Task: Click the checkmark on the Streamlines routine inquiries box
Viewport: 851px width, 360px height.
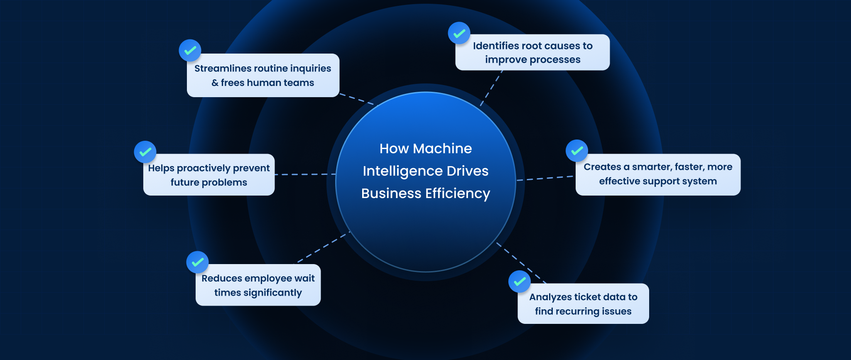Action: click(190, 51)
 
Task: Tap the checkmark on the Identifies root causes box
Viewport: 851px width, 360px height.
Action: click(459, 33)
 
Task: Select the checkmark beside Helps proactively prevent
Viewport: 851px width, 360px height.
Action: click(145, 152)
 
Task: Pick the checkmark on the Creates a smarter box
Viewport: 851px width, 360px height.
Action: click(577, 151)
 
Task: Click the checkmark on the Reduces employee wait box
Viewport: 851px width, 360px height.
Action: click(197, 262)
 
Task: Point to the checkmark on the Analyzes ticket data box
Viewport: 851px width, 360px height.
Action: click(520, 282)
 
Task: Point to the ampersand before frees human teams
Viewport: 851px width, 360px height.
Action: click(215, 83)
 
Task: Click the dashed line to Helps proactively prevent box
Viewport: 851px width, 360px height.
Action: click(305, 174)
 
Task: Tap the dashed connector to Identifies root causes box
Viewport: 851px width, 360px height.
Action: click(492, 88)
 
